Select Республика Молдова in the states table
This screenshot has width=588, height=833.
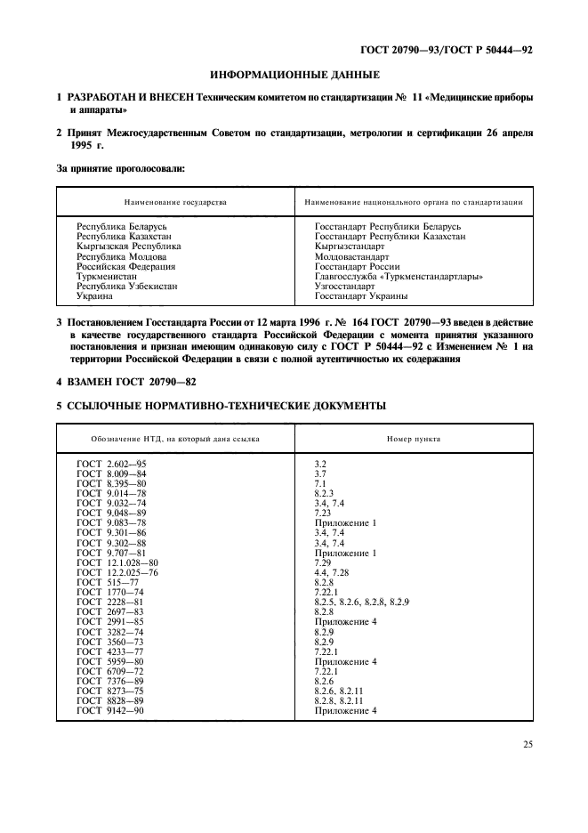[121, 256]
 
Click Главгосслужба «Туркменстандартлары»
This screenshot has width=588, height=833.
[399, 276]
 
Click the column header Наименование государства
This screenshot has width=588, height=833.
[175, 202]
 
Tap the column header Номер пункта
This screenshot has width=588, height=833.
[413, 440]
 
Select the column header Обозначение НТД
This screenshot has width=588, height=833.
[175, 440]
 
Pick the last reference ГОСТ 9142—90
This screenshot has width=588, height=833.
[112, 710]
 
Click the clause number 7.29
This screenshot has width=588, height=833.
[325, 563]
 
